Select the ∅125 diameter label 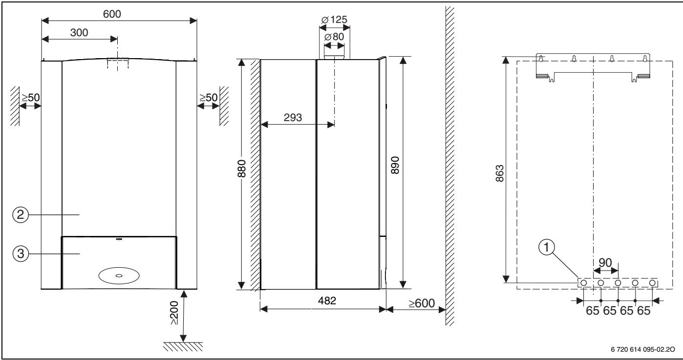tap(334, 21)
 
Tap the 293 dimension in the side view tap(292, 117)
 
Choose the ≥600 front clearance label tap(422, 303)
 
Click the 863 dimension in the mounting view tap(499, 171)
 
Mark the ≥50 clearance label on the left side tap(30, 97)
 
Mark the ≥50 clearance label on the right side tap(209, 97)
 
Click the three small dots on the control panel tap(119, 239)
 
